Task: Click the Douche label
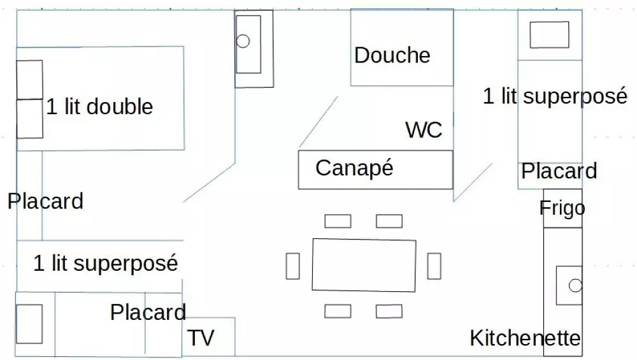[x=392, y=55]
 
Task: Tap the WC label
[x=424, y=130]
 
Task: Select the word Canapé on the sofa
[x=354, y=168]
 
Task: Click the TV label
[x=201, y=338]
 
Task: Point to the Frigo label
[x=562, y=208]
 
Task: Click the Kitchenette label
[x=525, y=338]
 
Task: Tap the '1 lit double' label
[x=100, y=106]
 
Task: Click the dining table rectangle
[x=364, y=265]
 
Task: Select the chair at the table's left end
[x=292, y=266]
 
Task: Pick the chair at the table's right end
[x=434, y=266]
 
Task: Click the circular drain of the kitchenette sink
[x=575, y=285]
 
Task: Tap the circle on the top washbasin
[x=243, y=41]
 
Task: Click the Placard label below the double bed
[x=45, y=201]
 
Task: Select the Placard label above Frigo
[x=559, y=171]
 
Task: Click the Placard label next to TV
[x=148, y=312]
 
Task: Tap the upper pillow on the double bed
[x=29, y=80]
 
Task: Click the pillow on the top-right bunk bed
[x=549, y=34]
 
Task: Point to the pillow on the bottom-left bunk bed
[x=29, y=324]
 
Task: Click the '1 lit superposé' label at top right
[x=555, y=96]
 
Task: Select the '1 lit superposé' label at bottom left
[x=105, y=263]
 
